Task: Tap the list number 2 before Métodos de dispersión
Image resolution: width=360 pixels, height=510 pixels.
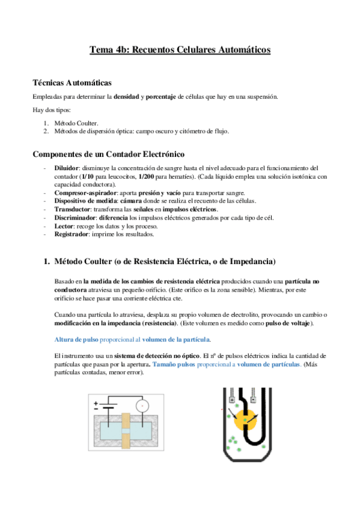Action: pyautogui.click(x=46, y=130)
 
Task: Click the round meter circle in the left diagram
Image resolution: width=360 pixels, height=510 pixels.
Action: pyautogui.click(x=142, y=405)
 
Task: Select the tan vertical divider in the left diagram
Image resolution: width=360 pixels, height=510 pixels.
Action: pyautogui.click(x=126, y=428)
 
